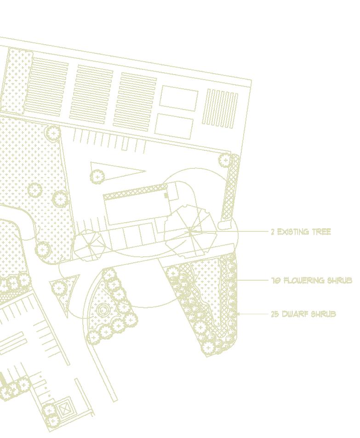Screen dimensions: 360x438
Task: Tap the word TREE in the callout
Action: point(321,232)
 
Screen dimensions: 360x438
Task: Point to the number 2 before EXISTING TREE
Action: point(273,232)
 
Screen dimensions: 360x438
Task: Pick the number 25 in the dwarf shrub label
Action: point(275,314)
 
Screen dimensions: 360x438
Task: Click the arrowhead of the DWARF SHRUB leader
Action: point(239,314)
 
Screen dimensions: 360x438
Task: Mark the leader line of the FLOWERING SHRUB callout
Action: point(253,280)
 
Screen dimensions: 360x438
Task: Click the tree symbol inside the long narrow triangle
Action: point(97,176)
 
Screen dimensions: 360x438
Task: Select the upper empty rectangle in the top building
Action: point(178,99)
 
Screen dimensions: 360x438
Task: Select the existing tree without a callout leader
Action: point(89,246)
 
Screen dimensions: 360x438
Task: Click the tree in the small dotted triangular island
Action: point(59,288)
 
